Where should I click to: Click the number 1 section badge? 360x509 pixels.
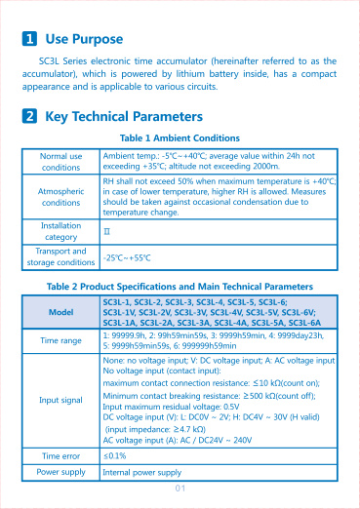pos(30,40)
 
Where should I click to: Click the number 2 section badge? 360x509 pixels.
pos(30,116)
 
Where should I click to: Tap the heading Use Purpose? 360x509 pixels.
pos(84,40)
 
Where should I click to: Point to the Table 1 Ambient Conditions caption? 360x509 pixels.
pos(179,138)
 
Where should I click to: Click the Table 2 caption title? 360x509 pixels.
pos(180,287)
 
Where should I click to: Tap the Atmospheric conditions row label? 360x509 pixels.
pos(61,197)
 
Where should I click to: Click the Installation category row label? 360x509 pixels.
pos(61,231)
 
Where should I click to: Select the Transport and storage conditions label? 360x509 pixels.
pos(61,256)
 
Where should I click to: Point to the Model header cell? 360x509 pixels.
pos(61,313)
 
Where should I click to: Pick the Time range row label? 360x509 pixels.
pos(61,341)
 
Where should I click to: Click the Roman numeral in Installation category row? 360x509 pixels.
pos(107,232)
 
